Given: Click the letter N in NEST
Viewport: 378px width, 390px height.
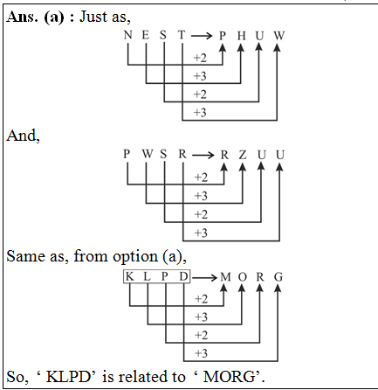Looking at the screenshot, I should coord(128,35).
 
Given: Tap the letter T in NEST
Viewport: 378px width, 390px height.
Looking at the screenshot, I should coord(182,35).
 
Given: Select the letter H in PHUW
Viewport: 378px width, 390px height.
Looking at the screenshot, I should coord(240,35).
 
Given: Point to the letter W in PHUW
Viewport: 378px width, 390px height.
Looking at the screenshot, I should coord(278,35).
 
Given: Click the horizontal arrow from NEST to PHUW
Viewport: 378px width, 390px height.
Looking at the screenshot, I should coord(201,35).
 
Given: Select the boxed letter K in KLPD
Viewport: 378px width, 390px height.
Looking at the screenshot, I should coord(129,277).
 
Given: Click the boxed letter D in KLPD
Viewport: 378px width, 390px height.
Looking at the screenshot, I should coord(182,277).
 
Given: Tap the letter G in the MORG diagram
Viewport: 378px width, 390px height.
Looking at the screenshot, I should coord(278,277).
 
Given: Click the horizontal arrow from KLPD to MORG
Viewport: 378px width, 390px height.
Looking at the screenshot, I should coord(202,277).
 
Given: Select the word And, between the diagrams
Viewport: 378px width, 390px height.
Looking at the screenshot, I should coord(22,136).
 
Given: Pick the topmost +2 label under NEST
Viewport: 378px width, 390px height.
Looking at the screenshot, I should coord(200,58).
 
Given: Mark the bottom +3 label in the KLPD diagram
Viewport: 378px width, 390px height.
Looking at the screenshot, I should coord(200,353).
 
